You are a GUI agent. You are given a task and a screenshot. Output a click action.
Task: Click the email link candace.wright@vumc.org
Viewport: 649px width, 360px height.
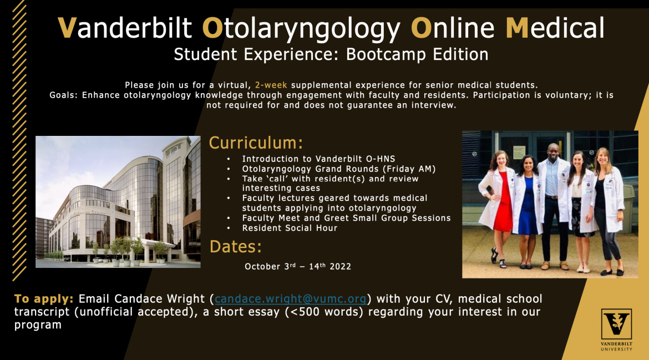point(291,299)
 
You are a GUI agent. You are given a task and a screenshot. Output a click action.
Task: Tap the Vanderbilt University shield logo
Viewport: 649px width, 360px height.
point(616,324)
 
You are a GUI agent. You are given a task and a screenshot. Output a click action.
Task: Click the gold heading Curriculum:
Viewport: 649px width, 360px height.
point(256,143)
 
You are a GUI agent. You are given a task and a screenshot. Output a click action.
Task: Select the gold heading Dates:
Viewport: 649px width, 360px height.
point(236,247)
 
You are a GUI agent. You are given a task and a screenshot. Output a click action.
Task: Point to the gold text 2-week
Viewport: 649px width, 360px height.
point(271,85)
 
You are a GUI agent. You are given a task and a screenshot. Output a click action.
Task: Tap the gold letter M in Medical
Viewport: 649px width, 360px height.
point(518,28)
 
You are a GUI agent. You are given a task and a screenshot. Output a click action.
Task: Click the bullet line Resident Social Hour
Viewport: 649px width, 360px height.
point(290,228)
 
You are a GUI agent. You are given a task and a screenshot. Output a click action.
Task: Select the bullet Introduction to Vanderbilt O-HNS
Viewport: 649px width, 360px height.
point(319,159)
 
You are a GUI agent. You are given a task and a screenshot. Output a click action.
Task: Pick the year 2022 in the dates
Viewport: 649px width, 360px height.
point(340,266)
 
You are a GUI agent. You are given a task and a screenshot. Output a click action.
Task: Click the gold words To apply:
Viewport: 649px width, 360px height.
point(44,299)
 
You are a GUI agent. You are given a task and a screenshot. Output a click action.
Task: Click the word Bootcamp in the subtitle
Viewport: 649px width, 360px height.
point(387,54)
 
